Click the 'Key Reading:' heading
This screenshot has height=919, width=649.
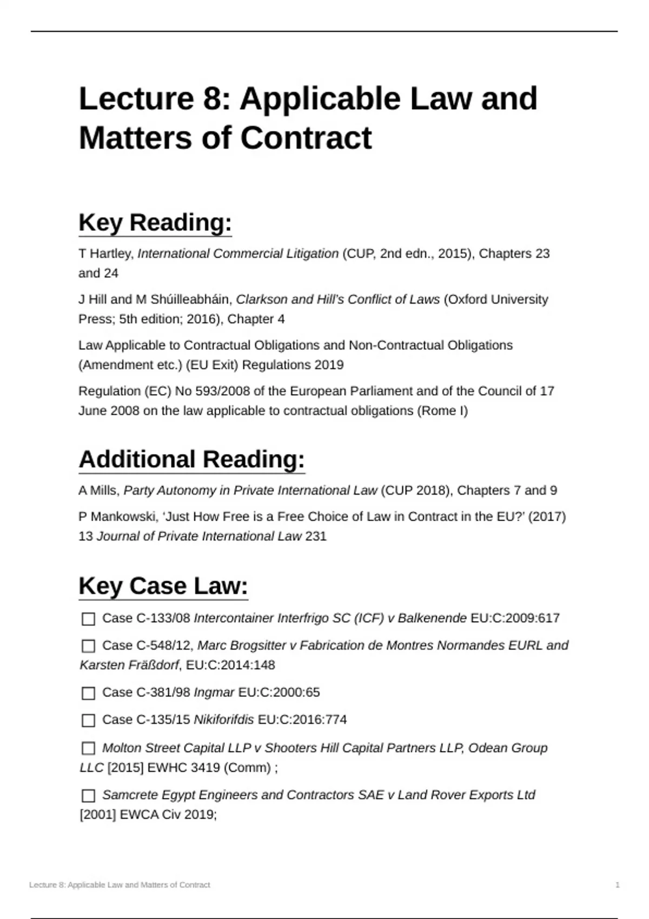pyautogui.click(x=155, y=223)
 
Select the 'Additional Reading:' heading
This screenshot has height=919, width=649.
pyautogui.click(x=192, y=459)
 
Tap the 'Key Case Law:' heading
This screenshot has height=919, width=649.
pyautogui.click(x=163, y=586)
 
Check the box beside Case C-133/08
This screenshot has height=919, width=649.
pyautogui.click(x=88, y=619)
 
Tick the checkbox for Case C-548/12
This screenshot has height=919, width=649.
pyautogui.click(x=88, y=646)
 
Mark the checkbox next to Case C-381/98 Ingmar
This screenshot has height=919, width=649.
pyautogui.click(x=88, y=693)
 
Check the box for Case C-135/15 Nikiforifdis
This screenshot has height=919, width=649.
pyautogui.click(x=88, y=721)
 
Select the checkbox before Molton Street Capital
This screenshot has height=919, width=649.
pyautogui.click(x=88, y=748)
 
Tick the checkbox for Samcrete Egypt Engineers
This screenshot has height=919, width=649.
pyautogui.click(x=88, y=796)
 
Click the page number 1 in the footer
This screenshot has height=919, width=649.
pyautogui.click(x=618, y=885)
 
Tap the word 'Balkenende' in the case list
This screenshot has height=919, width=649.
pyautogui.click(x=432, y=618)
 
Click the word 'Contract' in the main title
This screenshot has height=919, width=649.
pyautogui.click(x=306, y=138)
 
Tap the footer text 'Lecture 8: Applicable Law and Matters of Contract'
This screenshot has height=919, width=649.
pyautogui.click(x=120, y=885)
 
